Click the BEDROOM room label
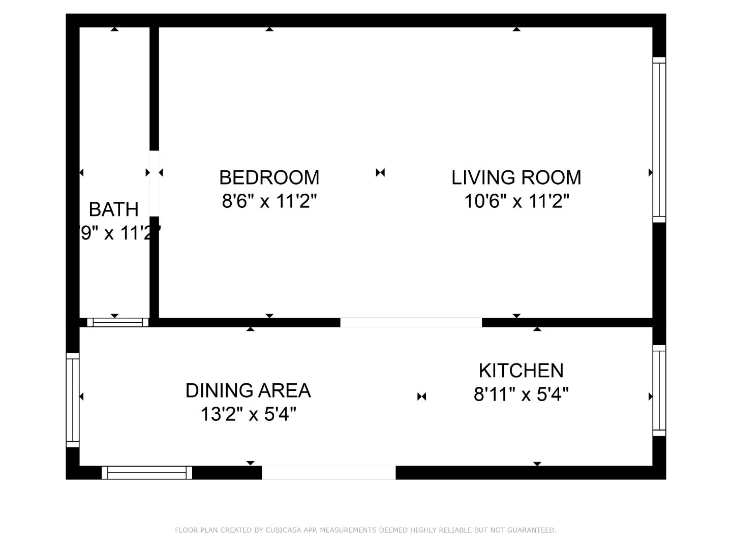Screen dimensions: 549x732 269,177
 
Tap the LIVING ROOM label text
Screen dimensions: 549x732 516,177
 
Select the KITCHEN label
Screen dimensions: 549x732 521,371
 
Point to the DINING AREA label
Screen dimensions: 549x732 248,390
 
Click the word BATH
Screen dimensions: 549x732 113,209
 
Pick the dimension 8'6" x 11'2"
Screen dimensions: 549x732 269,202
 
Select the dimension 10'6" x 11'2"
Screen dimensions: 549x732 516,202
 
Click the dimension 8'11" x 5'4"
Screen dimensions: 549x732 521,394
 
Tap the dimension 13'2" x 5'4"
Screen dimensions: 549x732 248,414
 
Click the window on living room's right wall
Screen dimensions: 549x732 659,140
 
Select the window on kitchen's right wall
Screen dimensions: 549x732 659,390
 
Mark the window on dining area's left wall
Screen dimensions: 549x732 73,400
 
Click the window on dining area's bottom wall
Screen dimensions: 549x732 147,473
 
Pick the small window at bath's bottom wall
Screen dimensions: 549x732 117,322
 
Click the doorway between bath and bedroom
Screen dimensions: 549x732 154,184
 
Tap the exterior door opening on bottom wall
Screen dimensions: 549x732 328,473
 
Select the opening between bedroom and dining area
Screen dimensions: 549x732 411,322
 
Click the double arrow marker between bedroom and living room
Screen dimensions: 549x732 380,173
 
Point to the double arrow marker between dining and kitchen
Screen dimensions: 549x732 421,396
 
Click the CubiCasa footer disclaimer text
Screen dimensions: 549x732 365,530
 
